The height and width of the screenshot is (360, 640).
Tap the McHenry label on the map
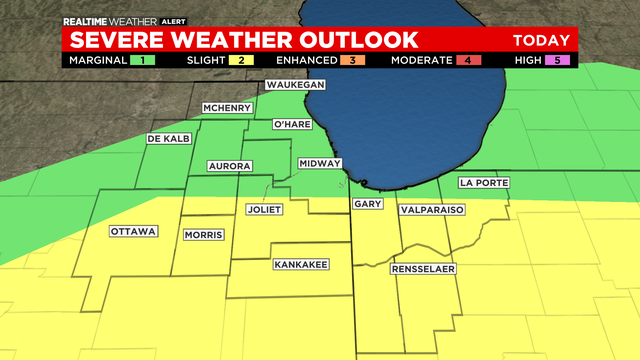coord(226,107)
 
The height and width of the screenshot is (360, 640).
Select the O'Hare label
coord(295,125)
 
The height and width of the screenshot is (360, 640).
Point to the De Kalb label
coord(168,138)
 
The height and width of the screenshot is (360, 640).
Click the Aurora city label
coord(228,165)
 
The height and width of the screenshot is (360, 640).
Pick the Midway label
coord(321,163)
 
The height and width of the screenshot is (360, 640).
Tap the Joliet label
coord(265,210)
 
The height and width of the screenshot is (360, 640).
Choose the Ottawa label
coord(134,231)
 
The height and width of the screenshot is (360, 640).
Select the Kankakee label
coord(300,265)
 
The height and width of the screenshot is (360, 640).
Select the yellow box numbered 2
coord(242,60)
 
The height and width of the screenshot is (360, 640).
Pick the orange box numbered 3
coord(352,60)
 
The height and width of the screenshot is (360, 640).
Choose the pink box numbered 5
coord(561,60)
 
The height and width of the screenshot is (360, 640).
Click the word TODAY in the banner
coord(541,40)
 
